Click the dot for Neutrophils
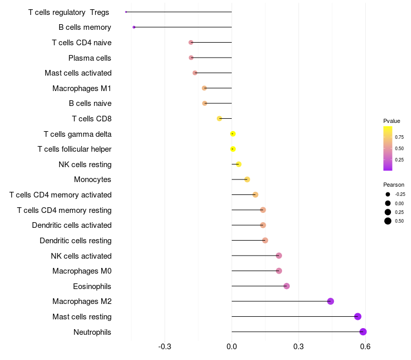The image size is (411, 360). tap(363, 332)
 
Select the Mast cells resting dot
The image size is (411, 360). tap(358, 316)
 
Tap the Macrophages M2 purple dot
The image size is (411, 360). tap(330, 301)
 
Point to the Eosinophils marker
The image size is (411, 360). tap(287, 286)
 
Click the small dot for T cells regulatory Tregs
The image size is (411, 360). tap(126, 12)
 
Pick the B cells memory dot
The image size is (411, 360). tap(134, 27)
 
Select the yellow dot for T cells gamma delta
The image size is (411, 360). tap(233, 134)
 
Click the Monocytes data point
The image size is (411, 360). tap(247, 179)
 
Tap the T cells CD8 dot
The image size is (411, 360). tap(219, 118)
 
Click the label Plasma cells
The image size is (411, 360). tap(90, 58)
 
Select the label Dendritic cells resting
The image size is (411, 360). tap(76, 241)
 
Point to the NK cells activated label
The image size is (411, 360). tap(81, 256)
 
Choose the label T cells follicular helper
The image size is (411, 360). tap(74, 149)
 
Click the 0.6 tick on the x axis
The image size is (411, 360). tap(365, 347)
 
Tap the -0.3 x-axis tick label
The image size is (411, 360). tap(165, 347)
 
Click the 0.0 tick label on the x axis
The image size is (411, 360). tap(232, 347)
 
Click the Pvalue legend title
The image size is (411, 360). tap(391, 121)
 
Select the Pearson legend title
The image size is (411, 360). tap(394, 185)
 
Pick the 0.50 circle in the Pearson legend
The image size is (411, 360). tap(388, 221)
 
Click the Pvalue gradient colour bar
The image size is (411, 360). tap(388, 148)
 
